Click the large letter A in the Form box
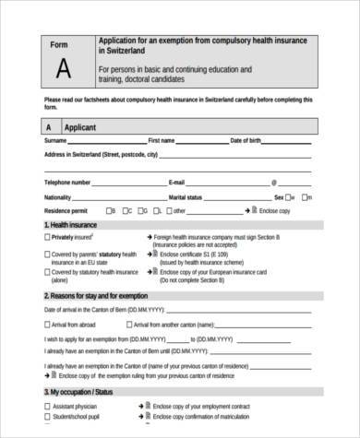pos(62,67)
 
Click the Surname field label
pos(57,140)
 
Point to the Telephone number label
pos(67,183)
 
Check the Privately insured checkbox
pos(47,237)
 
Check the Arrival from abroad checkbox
pos(47,325)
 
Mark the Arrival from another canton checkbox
pos(128,325)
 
